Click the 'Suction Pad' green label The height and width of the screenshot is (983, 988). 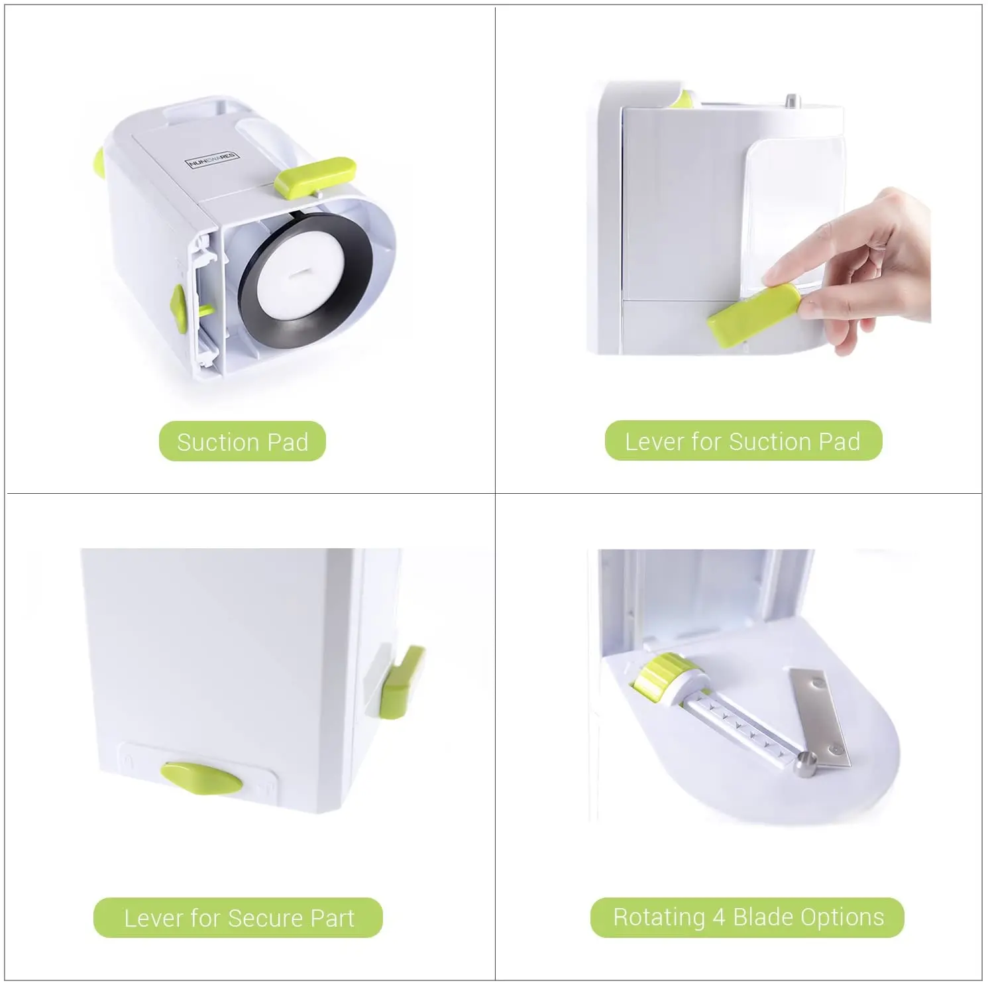pos(243,441)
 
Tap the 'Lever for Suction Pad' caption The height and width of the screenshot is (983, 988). pos(743,441)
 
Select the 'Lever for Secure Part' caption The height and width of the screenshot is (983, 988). pos(239,918)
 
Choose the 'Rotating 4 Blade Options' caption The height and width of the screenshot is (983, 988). pos(747,917)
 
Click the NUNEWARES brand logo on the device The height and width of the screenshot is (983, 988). pos(213,160)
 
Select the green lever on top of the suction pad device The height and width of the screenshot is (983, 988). pos(315,176)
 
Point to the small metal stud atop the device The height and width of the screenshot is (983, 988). pos(791,101)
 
